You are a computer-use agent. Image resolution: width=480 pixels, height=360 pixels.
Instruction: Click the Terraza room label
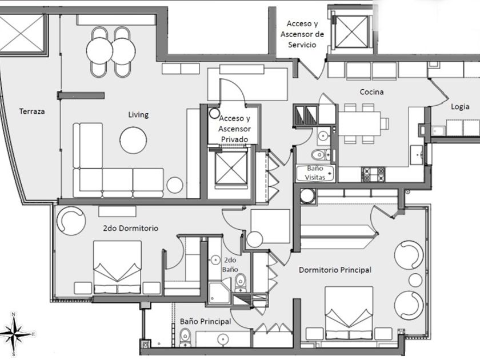pos(31,111)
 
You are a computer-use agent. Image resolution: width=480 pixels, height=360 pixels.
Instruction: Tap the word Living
pos(138,115)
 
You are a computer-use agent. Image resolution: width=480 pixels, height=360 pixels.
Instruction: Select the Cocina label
pos(371,92)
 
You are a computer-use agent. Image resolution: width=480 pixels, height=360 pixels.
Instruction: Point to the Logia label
pos(460,106)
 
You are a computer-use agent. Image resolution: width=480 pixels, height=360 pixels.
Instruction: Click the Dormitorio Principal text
pos(335,270)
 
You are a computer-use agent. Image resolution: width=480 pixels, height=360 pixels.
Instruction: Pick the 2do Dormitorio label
pos(130,228)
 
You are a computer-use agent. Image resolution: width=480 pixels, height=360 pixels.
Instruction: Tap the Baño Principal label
pos(206,322)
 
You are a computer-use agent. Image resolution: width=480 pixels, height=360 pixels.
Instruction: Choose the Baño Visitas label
pos(315,173)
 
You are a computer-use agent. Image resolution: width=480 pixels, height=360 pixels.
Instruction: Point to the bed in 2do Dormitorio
pos(118,266)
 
